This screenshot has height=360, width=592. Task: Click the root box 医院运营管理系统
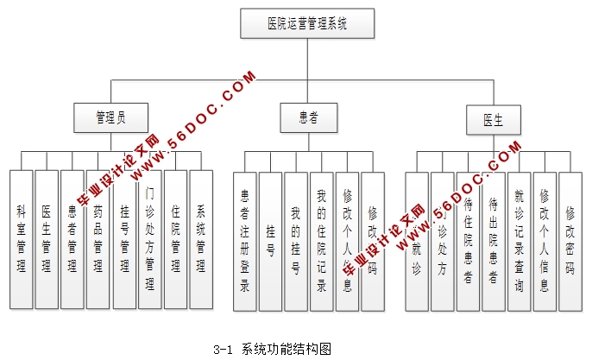point(306,23)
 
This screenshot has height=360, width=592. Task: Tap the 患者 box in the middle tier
point(306,117)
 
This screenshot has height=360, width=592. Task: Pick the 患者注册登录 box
point(245,242)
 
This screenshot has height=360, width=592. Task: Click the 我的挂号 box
point(296,242)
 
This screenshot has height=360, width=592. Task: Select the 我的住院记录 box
point(321,242)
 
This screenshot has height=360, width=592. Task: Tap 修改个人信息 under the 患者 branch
point(347,242)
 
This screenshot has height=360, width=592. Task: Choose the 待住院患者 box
point(468,242)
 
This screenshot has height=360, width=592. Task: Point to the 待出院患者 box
point(494,242)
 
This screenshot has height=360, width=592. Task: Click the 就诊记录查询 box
point(519,242)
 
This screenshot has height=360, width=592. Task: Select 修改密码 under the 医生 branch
point(570,242)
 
